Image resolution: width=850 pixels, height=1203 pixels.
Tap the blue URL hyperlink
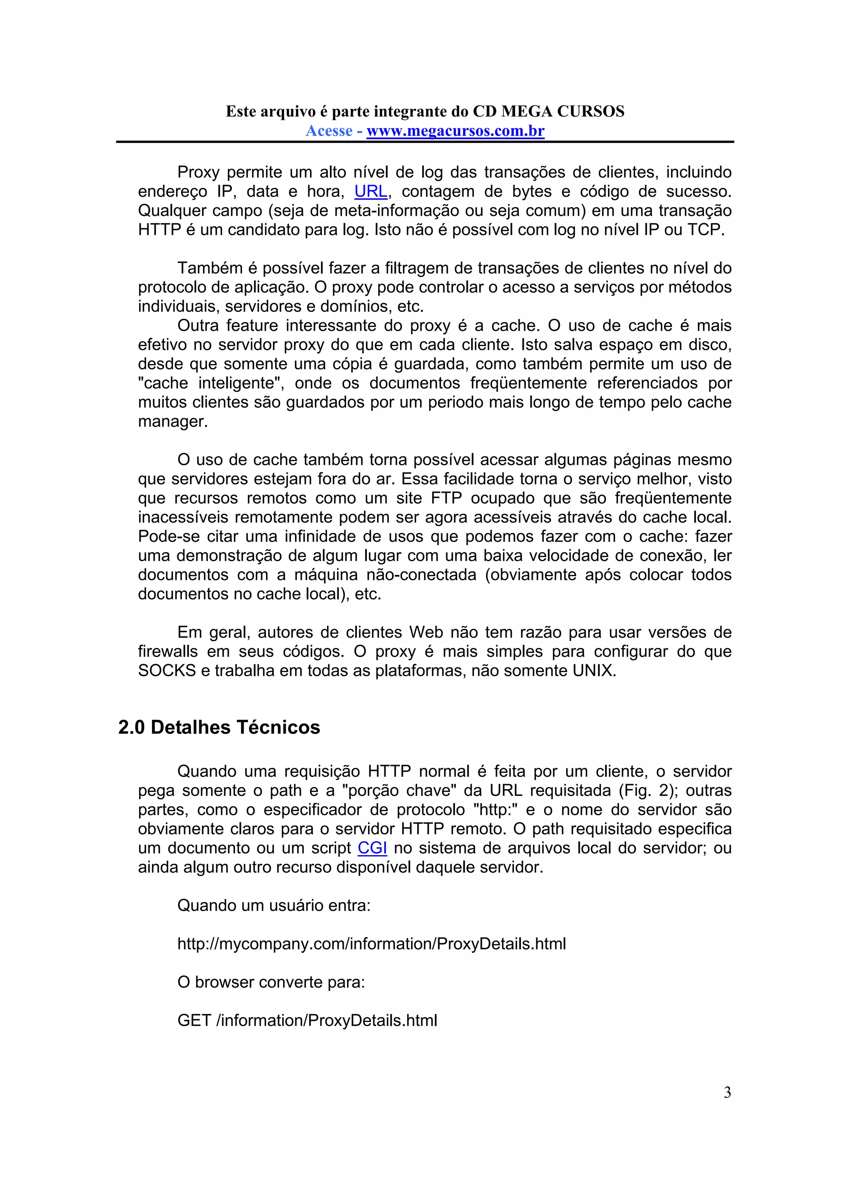371,192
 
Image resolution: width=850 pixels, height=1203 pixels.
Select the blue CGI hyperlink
372,848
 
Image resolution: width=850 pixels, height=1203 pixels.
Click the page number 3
727,1093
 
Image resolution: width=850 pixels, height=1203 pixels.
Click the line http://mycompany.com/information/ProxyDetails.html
371,944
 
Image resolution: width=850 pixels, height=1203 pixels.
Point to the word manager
173,422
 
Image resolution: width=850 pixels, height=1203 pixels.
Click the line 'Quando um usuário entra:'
274,905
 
